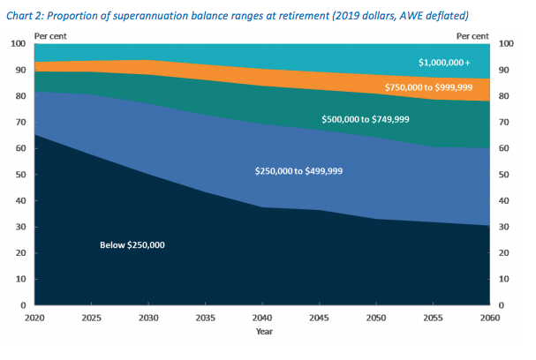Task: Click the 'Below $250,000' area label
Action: [133, 244]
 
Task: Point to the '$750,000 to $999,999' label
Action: [429, 87]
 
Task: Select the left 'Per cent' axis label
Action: [50, 34]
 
